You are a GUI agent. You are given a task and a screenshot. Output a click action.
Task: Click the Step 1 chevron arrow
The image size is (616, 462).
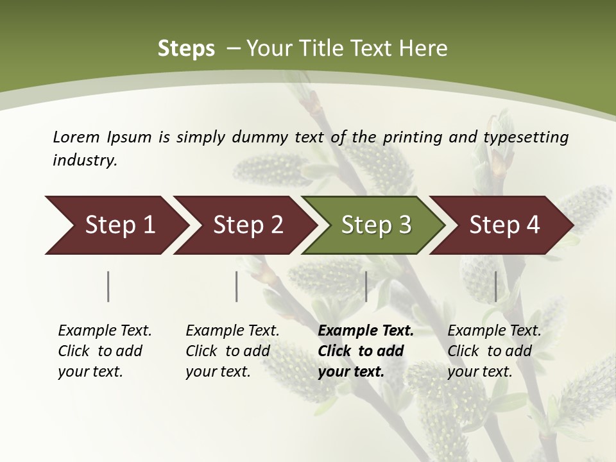(x=116, y=225)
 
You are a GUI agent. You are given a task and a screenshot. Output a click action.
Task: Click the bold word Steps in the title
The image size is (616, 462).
(x=186, y=49)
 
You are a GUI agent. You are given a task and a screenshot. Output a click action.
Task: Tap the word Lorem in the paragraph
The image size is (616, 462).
(x=76, y=137)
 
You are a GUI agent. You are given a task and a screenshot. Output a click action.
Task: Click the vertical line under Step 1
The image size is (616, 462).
(x=108, y=286)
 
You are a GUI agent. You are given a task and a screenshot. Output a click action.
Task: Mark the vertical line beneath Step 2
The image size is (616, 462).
(x=237, y=286)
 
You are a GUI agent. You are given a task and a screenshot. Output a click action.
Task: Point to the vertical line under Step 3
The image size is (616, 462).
(x=366, y=286)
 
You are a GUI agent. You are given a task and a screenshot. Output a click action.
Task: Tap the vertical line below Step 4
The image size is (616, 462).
(x=495, y=286)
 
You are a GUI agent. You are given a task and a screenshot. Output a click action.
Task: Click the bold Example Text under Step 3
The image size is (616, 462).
(x=366, y=331)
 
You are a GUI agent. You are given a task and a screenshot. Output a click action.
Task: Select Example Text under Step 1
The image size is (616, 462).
(x=105, y=331)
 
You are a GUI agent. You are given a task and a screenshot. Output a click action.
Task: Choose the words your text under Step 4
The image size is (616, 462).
(x=479, y=372)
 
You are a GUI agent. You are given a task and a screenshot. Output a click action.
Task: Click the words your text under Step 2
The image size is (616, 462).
(x=218, y=372)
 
